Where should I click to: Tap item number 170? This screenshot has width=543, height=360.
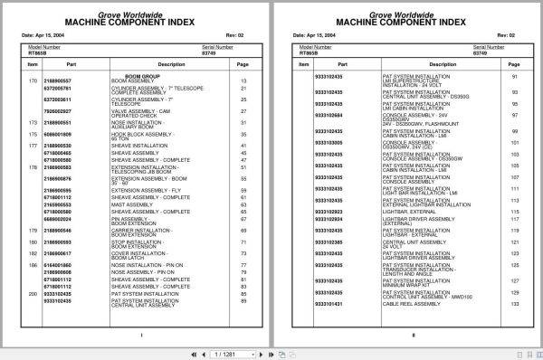point(33,81)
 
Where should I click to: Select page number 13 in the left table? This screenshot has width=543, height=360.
point(243,81)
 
